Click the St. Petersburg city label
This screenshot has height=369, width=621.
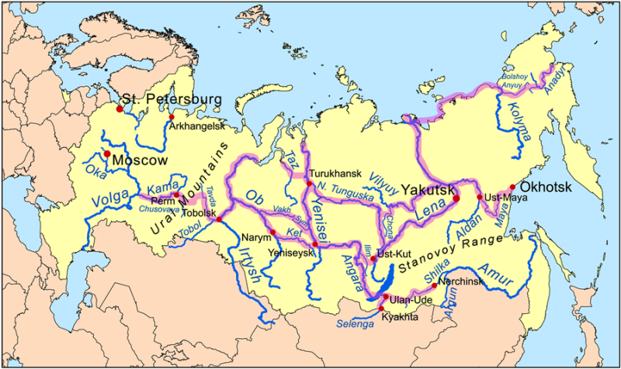(172, 99)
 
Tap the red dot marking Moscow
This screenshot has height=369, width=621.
(106, 153)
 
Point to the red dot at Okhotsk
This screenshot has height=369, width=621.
(512, 187)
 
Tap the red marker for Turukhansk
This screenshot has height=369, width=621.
(305, 183)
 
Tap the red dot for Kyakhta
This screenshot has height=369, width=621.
(381, 309)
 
